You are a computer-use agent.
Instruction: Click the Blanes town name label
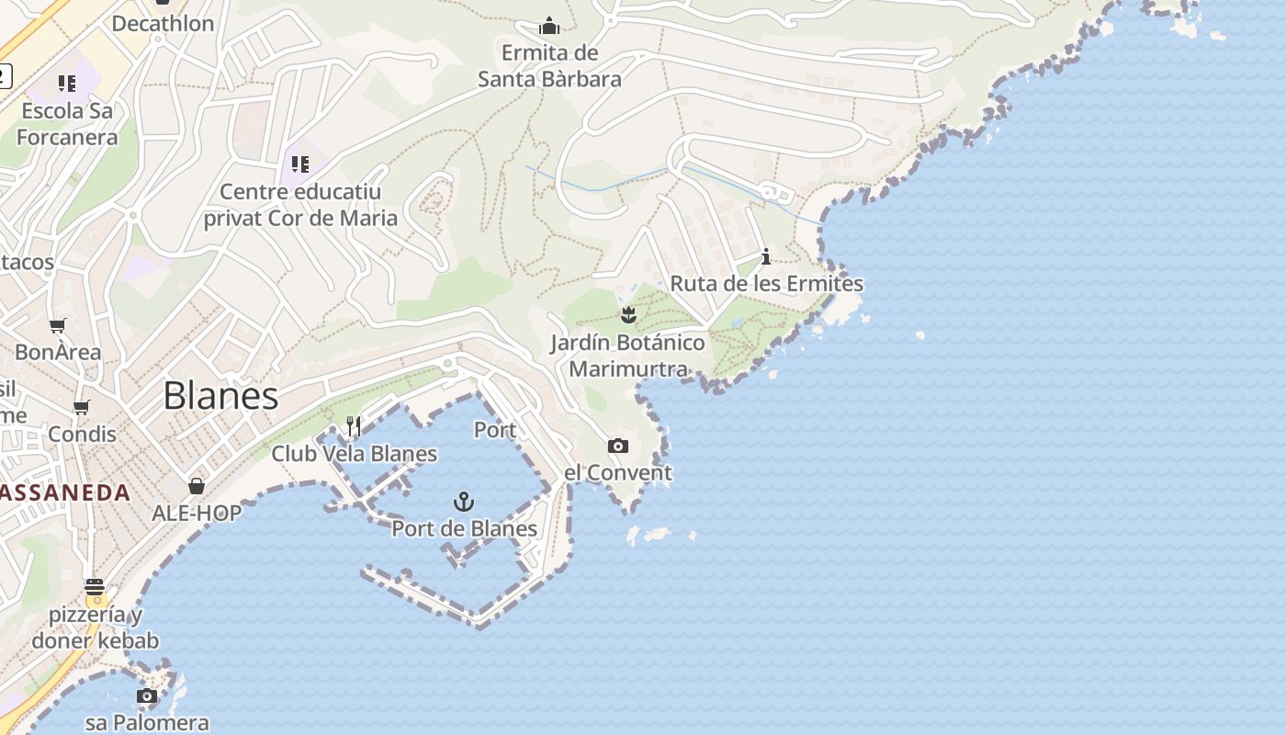pyautogui.click(x=220, y=396)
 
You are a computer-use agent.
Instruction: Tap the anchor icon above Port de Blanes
pyautogui.click(x=464, y=502)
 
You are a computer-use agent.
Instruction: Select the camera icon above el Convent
pyautogui.click(x=618, y=447)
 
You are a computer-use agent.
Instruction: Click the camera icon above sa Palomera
pyautogui.click(x=147, y=695)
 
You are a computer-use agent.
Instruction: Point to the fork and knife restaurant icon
pyautogui.click(x=354, y=425)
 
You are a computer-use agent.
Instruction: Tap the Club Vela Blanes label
pyautogui.click(x=354, y=454)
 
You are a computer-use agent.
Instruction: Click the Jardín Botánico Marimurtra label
pyautogui.click(x=628, y=356)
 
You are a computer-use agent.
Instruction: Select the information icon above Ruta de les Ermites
pyautogui.click(x=766, y=256)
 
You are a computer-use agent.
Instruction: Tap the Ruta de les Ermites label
pyautogui.click(x=766, y=284)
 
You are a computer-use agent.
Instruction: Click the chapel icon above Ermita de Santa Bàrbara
pyautogui.click(x=549, y=25)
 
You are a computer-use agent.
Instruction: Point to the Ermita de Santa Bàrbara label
pyautogui.click(x=549, y=66)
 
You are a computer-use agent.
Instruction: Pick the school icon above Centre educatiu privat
pyautogui.click(x=299, y=164)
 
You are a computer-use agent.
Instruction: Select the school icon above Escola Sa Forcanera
pyautogui.click(x=67, y=84)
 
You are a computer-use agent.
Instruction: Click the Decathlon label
pyautogui.click(x=163, y=24)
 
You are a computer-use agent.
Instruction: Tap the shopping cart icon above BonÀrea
pyautogui.click(x=58, y=325)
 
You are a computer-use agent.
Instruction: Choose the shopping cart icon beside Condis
pyautogui.click(x=82, y=407)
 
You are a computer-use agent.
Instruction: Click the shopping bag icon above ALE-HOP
pyautogui.click(x=197, y=486)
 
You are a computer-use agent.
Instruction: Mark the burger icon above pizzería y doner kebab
pyautogui.click(x=95, y=587)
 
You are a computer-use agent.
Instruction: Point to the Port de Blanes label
pyautogui.click(x=464, y=528)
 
